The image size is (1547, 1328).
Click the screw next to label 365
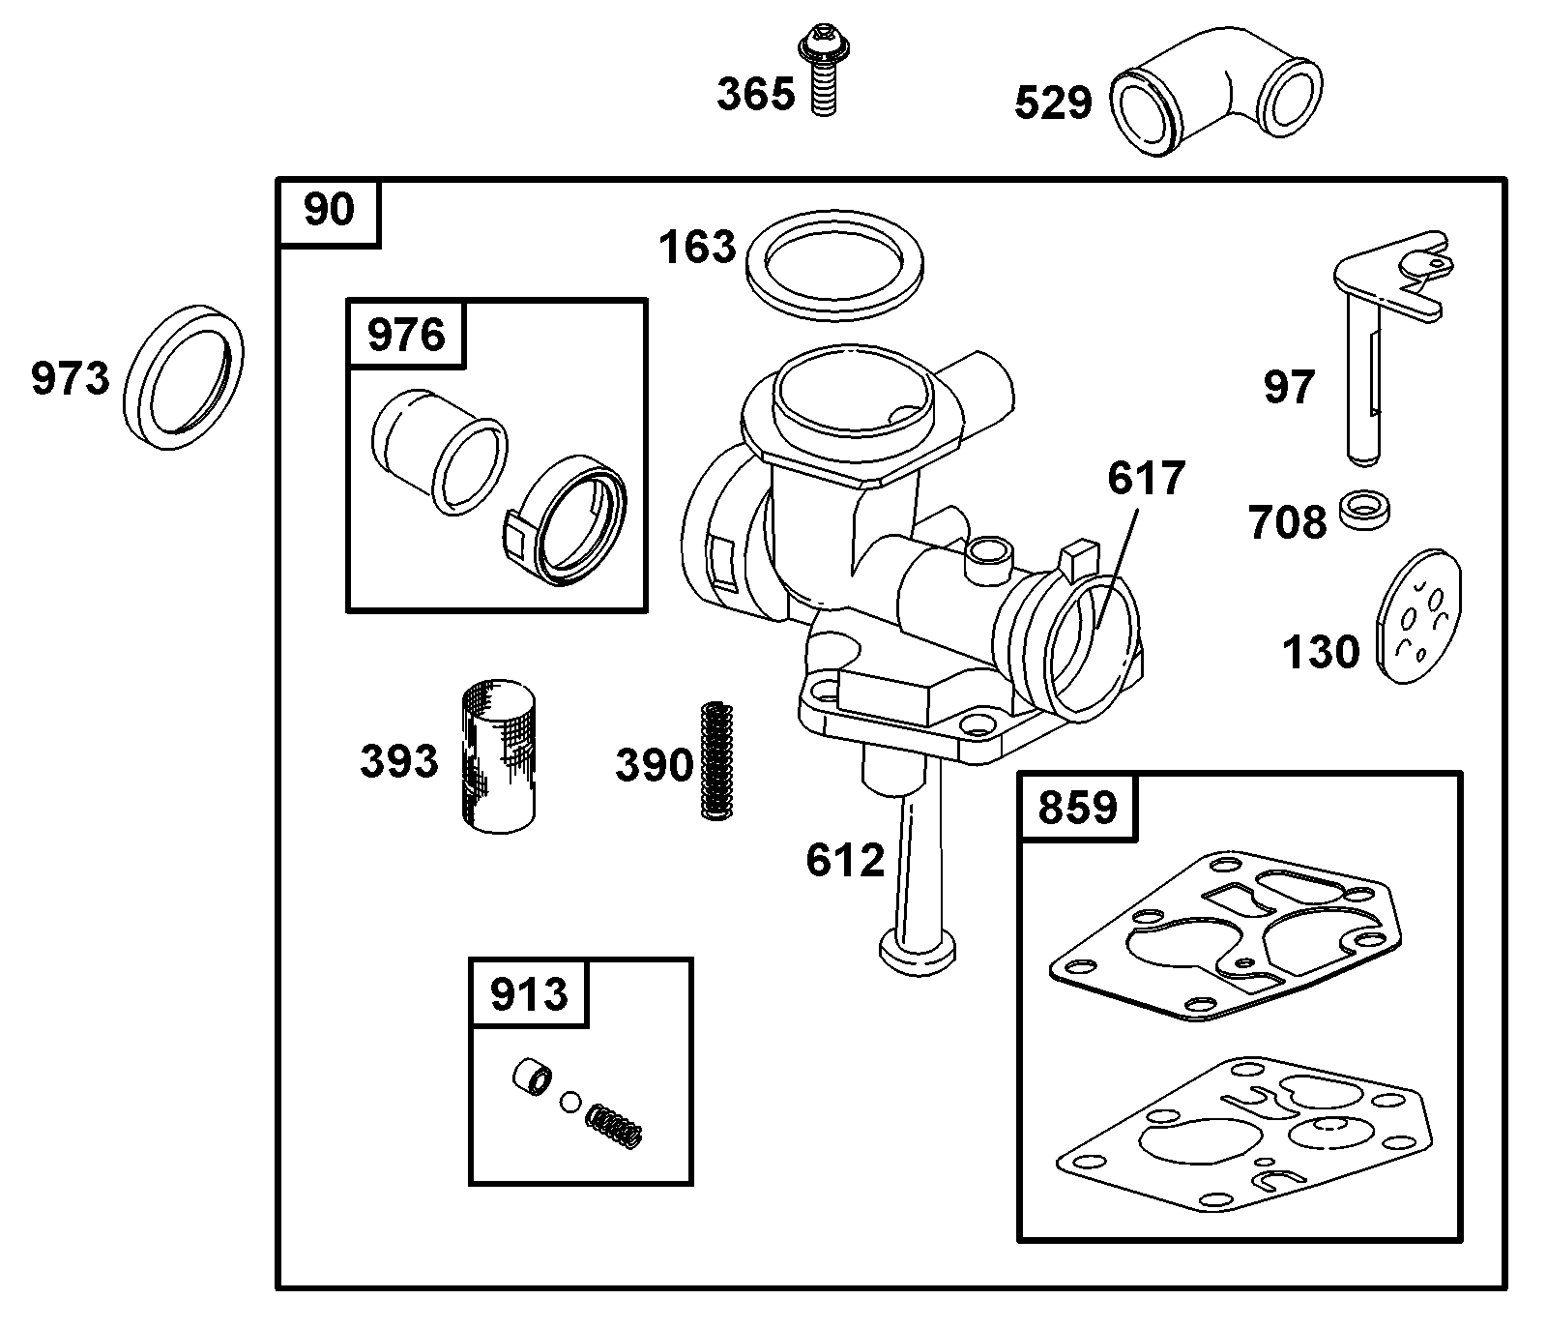pyautogui.click(x=822, y=73)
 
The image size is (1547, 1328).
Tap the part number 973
pyautogui.click(x=71, y=377)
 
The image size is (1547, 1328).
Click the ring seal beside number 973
pyautogui.click(x=185, y=377)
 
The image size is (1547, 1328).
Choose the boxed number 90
pyautogui.click(x=329, y=210)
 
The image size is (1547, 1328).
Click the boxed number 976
pyautogui.click(x=406, y=335)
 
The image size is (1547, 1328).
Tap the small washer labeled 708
pyautogui.click(x=1365, y=509)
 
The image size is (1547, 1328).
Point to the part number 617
pyautogui.click(x=1146, y=479)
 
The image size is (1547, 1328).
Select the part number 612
pyautogui.click(x=845, y=860)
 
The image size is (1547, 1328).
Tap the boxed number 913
pyautogui.click(x=529, y=993)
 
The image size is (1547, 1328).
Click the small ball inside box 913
pyautogui.click(x=571, y=1101)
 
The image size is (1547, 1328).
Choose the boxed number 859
pyautogui.click(x=1078, y=807)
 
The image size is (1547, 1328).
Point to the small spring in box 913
pyautogui.click(x=615, y=1127)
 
